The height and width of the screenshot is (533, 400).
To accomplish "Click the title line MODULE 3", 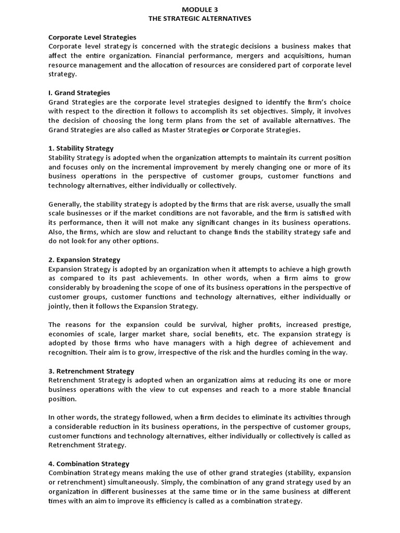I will point(200,9).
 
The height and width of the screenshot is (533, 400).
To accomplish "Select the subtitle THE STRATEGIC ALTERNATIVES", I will point(200,18).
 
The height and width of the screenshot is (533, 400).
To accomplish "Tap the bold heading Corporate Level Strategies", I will point(92,37).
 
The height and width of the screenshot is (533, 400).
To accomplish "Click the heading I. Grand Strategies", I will point(79,93).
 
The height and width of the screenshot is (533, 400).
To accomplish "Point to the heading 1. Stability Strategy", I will point(81,148).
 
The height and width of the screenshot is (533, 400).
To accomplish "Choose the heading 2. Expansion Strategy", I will point(84,259).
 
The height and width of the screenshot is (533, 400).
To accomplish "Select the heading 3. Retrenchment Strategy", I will point(91,371).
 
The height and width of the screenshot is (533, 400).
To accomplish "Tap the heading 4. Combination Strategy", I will point(89,463).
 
